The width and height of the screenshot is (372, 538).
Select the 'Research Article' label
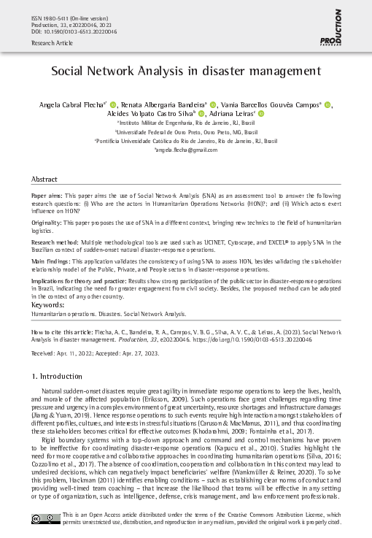pos(50,43)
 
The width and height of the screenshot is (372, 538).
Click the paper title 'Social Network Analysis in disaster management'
pos(186,72)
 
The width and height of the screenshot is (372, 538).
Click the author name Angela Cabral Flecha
pos(72,105)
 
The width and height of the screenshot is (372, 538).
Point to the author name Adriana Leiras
pos(232,115)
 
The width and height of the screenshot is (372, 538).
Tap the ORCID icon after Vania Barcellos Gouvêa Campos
pos(328,105)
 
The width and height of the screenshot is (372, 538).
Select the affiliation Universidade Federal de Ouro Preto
pos(187,133)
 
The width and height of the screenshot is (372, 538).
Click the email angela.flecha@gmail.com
pos(187,149)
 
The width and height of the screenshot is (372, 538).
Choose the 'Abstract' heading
pos(44,179)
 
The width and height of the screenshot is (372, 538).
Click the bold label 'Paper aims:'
pos(47,197)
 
